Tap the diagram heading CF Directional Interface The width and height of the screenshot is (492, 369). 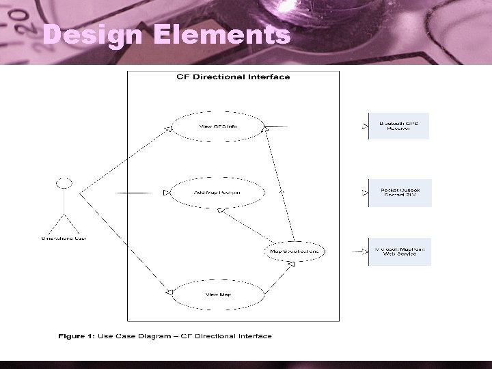pos(233,77)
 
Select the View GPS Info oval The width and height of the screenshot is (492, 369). pos(217,126)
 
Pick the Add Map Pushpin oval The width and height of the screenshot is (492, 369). pos(217,193)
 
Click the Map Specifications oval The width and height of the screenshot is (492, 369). pos(294,251)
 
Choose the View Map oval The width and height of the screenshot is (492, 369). pos(217,295)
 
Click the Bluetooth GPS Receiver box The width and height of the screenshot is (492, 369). pos(399,126)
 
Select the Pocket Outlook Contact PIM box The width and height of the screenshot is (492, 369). pos(400,193)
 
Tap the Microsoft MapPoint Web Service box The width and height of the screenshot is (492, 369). pos(400,251)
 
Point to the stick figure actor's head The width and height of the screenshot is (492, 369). pos(64,183)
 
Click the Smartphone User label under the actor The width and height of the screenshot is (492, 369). pos(64,238)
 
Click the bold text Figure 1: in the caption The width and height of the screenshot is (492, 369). pos(77,336)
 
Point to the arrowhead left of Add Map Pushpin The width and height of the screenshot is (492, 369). pos(166,193)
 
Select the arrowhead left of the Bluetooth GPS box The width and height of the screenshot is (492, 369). pos(364,126)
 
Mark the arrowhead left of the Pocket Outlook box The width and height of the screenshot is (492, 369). pos(364,193)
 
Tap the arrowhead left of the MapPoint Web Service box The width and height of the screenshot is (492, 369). pos(364,251)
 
